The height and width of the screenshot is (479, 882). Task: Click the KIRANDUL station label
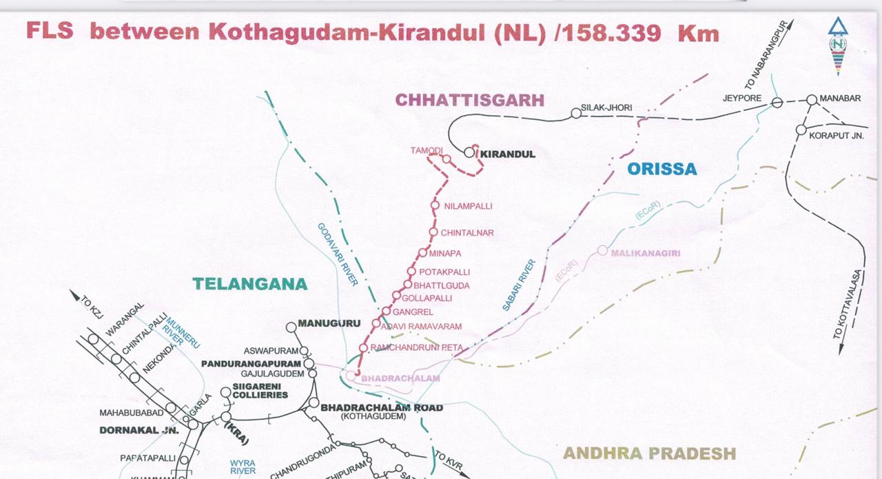pyautogui.click(x=507, y=154)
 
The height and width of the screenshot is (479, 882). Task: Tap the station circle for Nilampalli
pyautogui.click(x=435, y=205)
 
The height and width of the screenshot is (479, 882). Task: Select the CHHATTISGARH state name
pyautogui.click(x=469, y=100)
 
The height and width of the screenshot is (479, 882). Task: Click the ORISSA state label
pyautogui.click(x=661, y=169)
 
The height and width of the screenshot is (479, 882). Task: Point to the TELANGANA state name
pyautogui.click(x=249, y=284)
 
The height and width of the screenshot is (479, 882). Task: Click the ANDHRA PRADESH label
pyautogui.click(x=649, y=453)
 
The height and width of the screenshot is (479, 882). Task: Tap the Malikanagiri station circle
pyautogui.click(x=602, y=250)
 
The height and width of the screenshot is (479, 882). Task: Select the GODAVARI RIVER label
pyautogui.click(x=338, y=254)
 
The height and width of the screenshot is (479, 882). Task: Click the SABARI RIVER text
pyautogui.click(x=519, y=285)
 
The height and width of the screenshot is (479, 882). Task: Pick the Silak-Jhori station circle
pyautogui.click(x=576, y=113)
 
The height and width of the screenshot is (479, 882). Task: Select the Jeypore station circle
pyautogui.click(x=777, y=103)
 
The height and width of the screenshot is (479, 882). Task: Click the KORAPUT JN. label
pyautogui.click(x=836, y=136)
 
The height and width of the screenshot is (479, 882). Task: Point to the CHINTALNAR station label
pyautogui.click(x=466, y=233)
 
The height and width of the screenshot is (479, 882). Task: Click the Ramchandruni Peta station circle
pyautogui.click(x=363, y=348)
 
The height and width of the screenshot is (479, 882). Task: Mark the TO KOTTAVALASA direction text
pyautogui.click(x=850, y=303)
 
